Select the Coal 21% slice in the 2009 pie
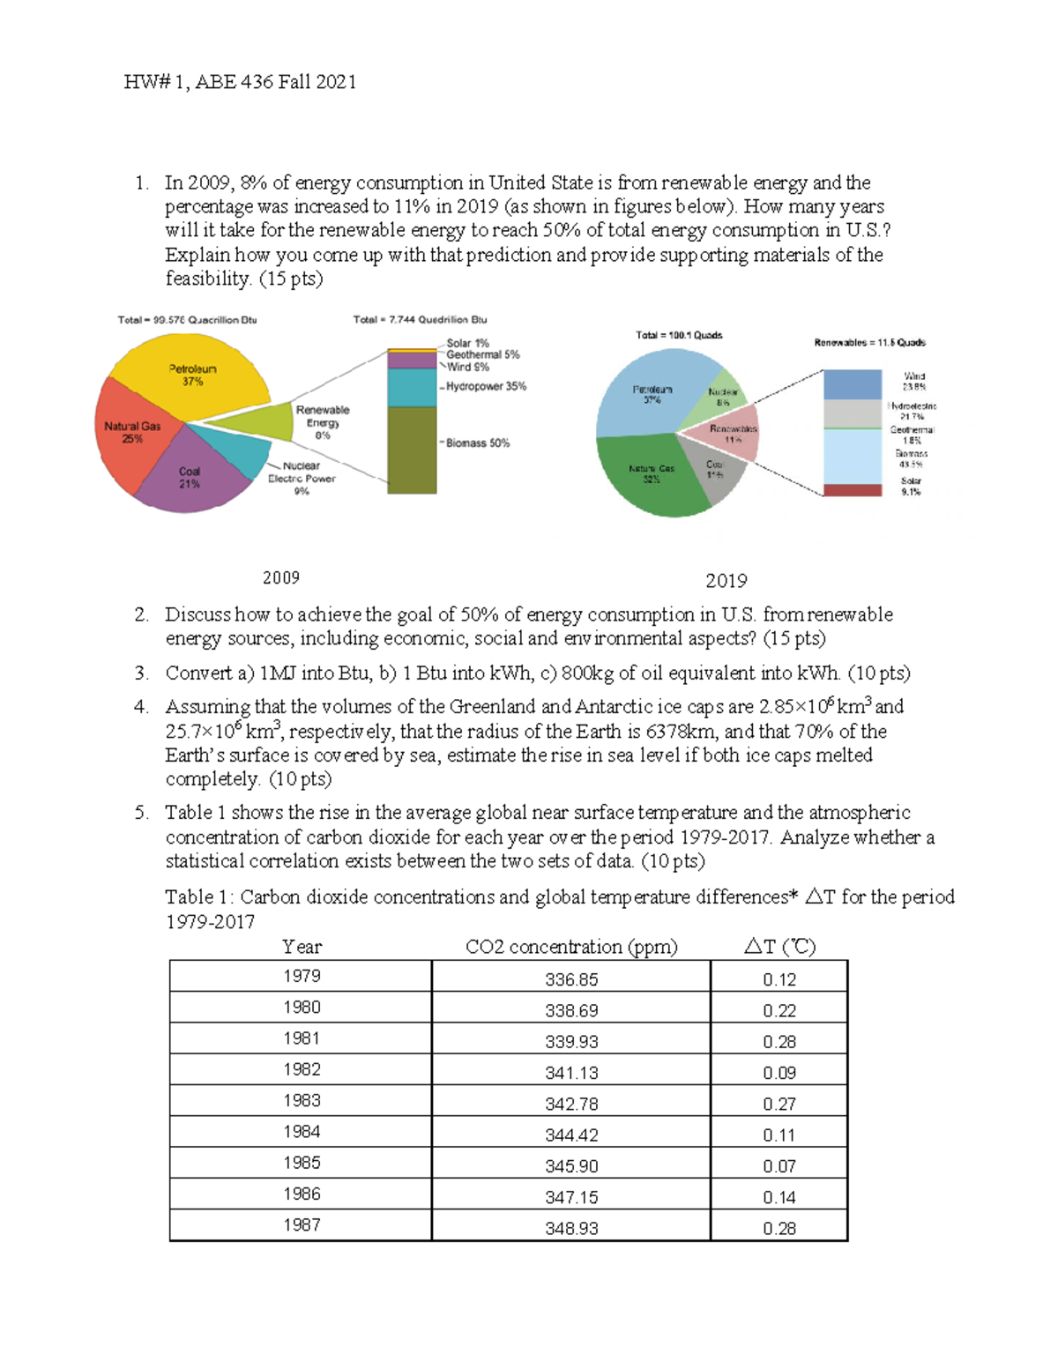click(194, 480)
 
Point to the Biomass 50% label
click(477, 443)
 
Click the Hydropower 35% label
click(486, 386)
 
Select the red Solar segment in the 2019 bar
click(852, 490)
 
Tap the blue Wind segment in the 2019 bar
click(852, 384)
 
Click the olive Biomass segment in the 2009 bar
click(412, 449)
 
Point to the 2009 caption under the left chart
click(281, 577)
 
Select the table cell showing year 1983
click(302, 1100)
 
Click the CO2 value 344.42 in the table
click(571, 1135)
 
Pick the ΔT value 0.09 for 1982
click(779, 1073)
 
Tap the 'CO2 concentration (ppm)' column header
click(571, 947)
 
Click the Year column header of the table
click(302, 947)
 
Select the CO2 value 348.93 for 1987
click(571, 1228)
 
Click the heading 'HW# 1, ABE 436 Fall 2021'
click(240, 82)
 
